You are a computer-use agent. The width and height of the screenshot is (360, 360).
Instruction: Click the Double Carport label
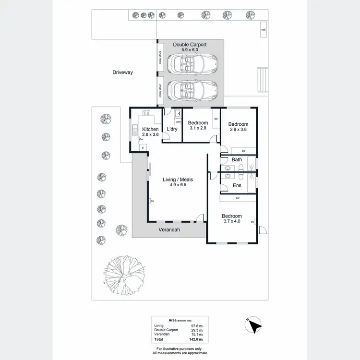pos(190,44)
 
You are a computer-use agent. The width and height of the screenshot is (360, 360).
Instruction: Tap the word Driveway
pos(122,72)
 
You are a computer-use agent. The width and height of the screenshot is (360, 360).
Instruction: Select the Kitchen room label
pos(150,129)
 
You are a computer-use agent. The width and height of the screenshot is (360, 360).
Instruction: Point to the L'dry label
pos(172,130)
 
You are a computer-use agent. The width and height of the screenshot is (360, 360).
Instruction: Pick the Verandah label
pos(169,230)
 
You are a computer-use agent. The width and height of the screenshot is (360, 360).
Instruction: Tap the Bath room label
pos(237,159)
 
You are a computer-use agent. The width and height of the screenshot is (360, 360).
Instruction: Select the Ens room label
pos(237,185)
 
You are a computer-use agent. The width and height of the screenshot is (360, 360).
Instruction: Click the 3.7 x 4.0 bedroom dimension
pos(231,221)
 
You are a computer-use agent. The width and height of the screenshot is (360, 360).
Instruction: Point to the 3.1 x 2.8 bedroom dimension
pos(198,128)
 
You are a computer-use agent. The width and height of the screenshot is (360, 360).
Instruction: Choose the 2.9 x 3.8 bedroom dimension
pos(238,129)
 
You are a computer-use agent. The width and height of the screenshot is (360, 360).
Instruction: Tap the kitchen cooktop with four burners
pos(146,113)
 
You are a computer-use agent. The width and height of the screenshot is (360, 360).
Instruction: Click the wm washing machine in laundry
pos(178,122)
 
